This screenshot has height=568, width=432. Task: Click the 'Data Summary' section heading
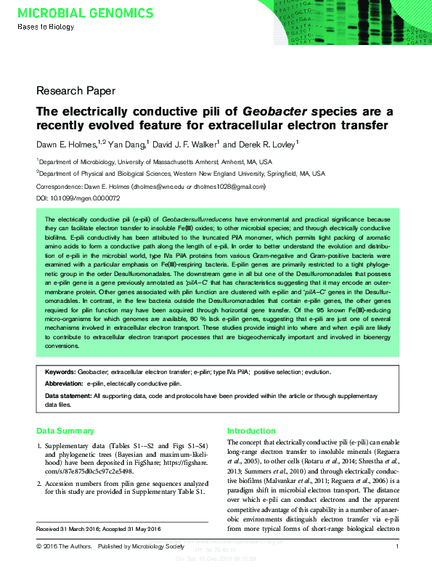click(65, 431)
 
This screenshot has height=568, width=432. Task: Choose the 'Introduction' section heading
click(251, 431)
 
